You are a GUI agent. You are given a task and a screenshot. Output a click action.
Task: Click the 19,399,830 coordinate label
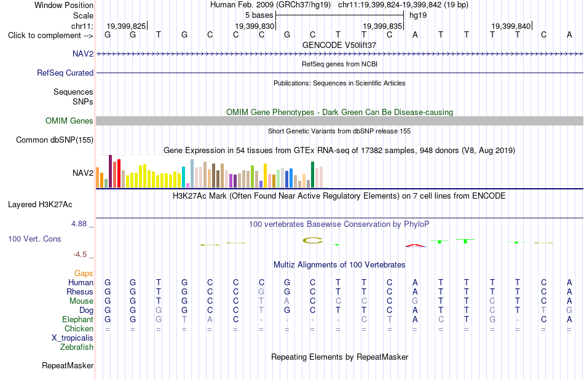tap(255, 26)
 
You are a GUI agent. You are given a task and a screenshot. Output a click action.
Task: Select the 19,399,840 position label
tap(511, 26)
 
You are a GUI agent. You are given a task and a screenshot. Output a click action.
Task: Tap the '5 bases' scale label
tap(259, 15)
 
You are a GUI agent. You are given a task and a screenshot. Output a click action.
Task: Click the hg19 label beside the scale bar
tap(418, 15)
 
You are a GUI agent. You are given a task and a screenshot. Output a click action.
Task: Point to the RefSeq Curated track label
tap(65, 73)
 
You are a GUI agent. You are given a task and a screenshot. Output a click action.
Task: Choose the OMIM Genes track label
tap(69, 121)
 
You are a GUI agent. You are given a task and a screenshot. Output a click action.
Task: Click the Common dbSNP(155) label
tap(55, 140)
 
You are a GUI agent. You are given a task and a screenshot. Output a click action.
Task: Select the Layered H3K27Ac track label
tap(40, 204)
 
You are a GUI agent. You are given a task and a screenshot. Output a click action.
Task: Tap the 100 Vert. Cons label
tap(34, 239)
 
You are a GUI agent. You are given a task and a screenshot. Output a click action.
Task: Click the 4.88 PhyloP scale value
tap(79, 224)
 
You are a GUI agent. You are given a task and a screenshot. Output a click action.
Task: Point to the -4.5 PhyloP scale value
tap(80, 255)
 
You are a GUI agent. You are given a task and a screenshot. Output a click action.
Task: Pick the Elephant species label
tap(78, 319)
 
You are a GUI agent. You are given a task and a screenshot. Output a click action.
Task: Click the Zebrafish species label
tap(77, 347)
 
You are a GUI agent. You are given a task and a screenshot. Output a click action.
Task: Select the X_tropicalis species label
tap(73, 338)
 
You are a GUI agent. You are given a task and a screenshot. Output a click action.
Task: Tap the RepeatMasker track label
tap(68, 365)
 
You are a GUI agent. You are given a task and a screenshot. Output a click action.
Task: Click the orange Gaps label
tap(84, 273)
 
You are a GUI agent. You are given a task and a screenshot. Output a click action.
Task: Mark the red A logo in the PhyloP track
tap(416, 245)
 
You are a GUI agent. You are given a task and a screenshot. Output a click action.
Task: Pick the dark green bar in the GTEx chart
tap(313, 175)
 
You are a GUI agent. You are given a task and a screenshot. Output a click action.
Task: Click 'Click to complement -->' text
tap(50, 36)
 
